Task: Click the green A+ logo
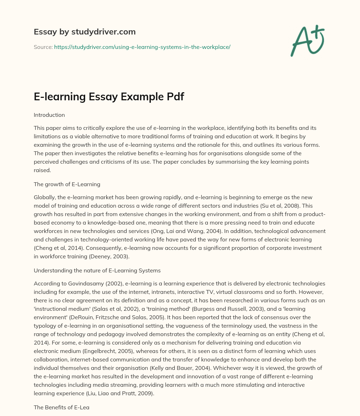tap(307, 40)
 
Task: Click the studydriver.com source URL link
tap(142, 47)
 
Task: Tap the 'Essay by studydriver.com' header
tap(84, 32)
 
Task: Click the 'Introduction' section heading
tap(49, 115)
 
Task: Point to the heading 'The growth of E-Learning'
tap(67, 184)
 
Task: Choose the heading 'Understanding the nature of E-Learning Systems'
tap(97, 270)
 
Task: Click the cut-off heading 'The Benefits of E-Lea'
tap(62, 407)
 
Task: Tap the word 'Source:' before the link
tap(43, 47)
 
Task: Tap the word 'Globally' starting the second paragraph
tap(44, 197)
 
